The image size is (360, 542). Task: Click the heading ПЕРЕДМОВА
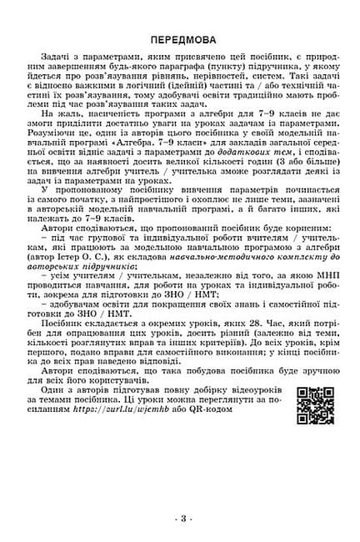click(x=180, y=39)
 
